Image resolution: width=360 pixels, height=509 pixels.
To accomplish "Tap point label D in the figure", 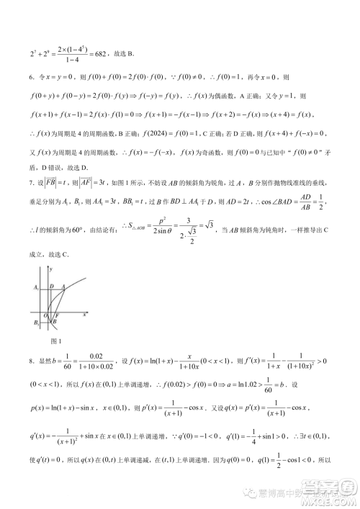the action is [x=50, y=286].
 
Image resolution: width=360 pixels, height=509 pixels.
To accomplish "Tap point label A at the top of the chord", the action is [x=63, y=286].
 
